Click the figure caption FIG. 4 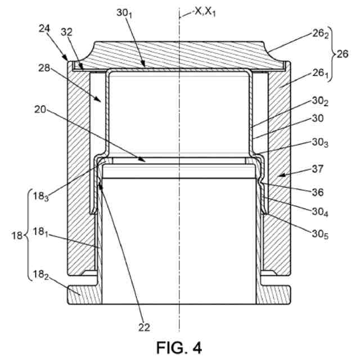pos(179,345)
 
